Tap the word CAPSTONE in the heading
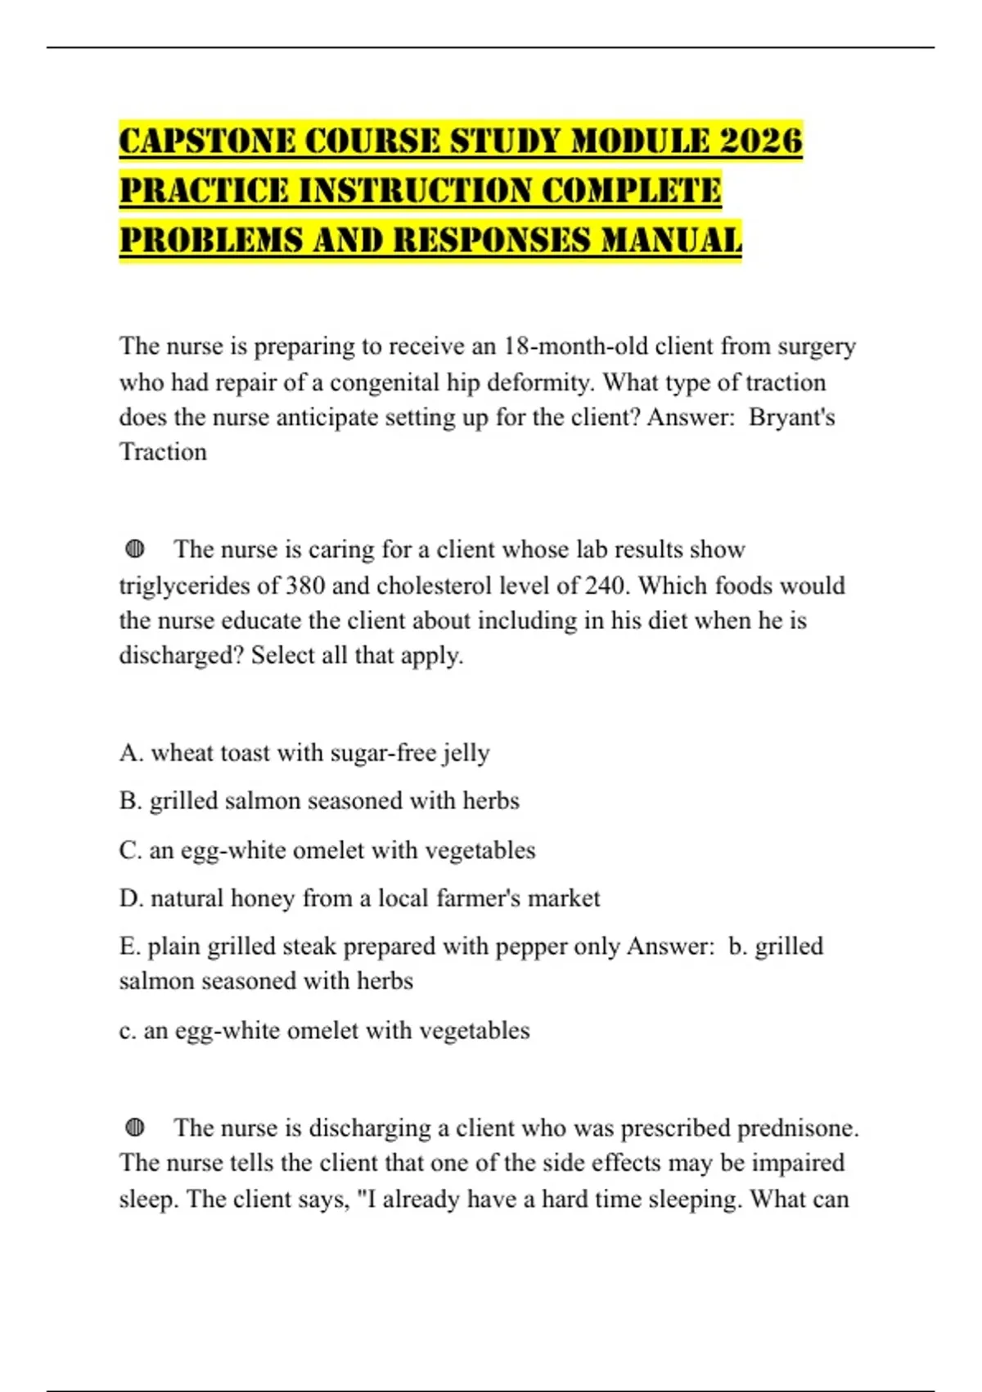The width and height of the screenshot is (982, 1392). (x=208, y=141)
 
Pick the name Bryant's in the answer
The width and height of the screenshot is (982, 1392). (x=791, y=418)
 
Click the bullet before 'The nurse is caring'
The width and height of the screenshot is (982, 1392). (x=135, y=549)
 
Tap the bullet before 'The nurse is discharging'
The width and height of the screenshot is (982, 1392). (x=135, y=1128)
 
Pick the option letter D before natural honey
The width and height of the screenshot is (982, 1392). (x=130, y=898)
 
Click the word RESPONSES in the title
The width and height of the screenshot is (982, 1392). (x=493, y=241)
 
